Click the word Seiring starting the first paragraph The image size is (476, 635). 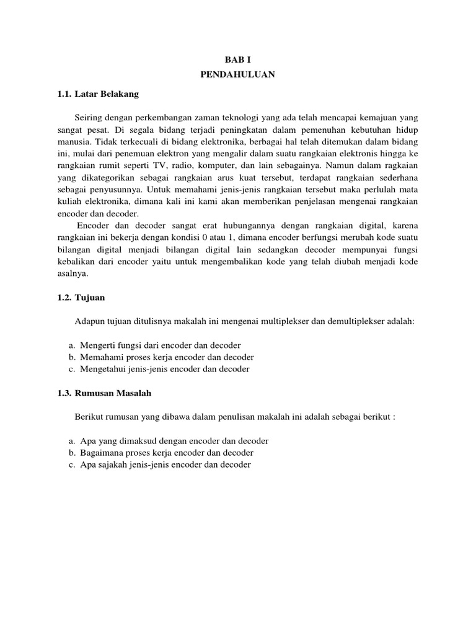pos(88,117)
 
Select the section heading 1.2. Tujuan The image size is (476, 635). pos(82,298)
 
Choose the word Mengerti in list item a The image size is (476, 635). pos(97,345)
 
